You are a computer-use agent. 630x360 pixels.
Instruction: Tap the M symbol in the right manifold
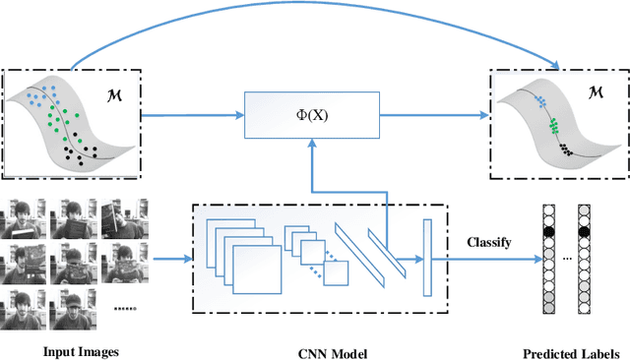click(x=597, y=93)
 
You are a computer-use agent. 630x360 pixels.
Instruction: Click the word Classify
click(x=488, y=240)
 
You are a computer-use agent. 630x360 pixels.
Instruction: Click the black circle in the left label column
click(x=550, y=233)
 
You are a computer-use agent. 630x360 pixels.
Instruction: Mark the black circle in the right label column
click(x=584, y=233)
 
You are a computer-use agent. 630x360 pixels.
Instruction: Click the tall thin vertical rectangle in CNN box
click(x=427, y=259)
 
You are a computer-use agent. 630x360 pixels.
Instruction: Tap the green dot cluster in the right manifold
click(x=554, y=125)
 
